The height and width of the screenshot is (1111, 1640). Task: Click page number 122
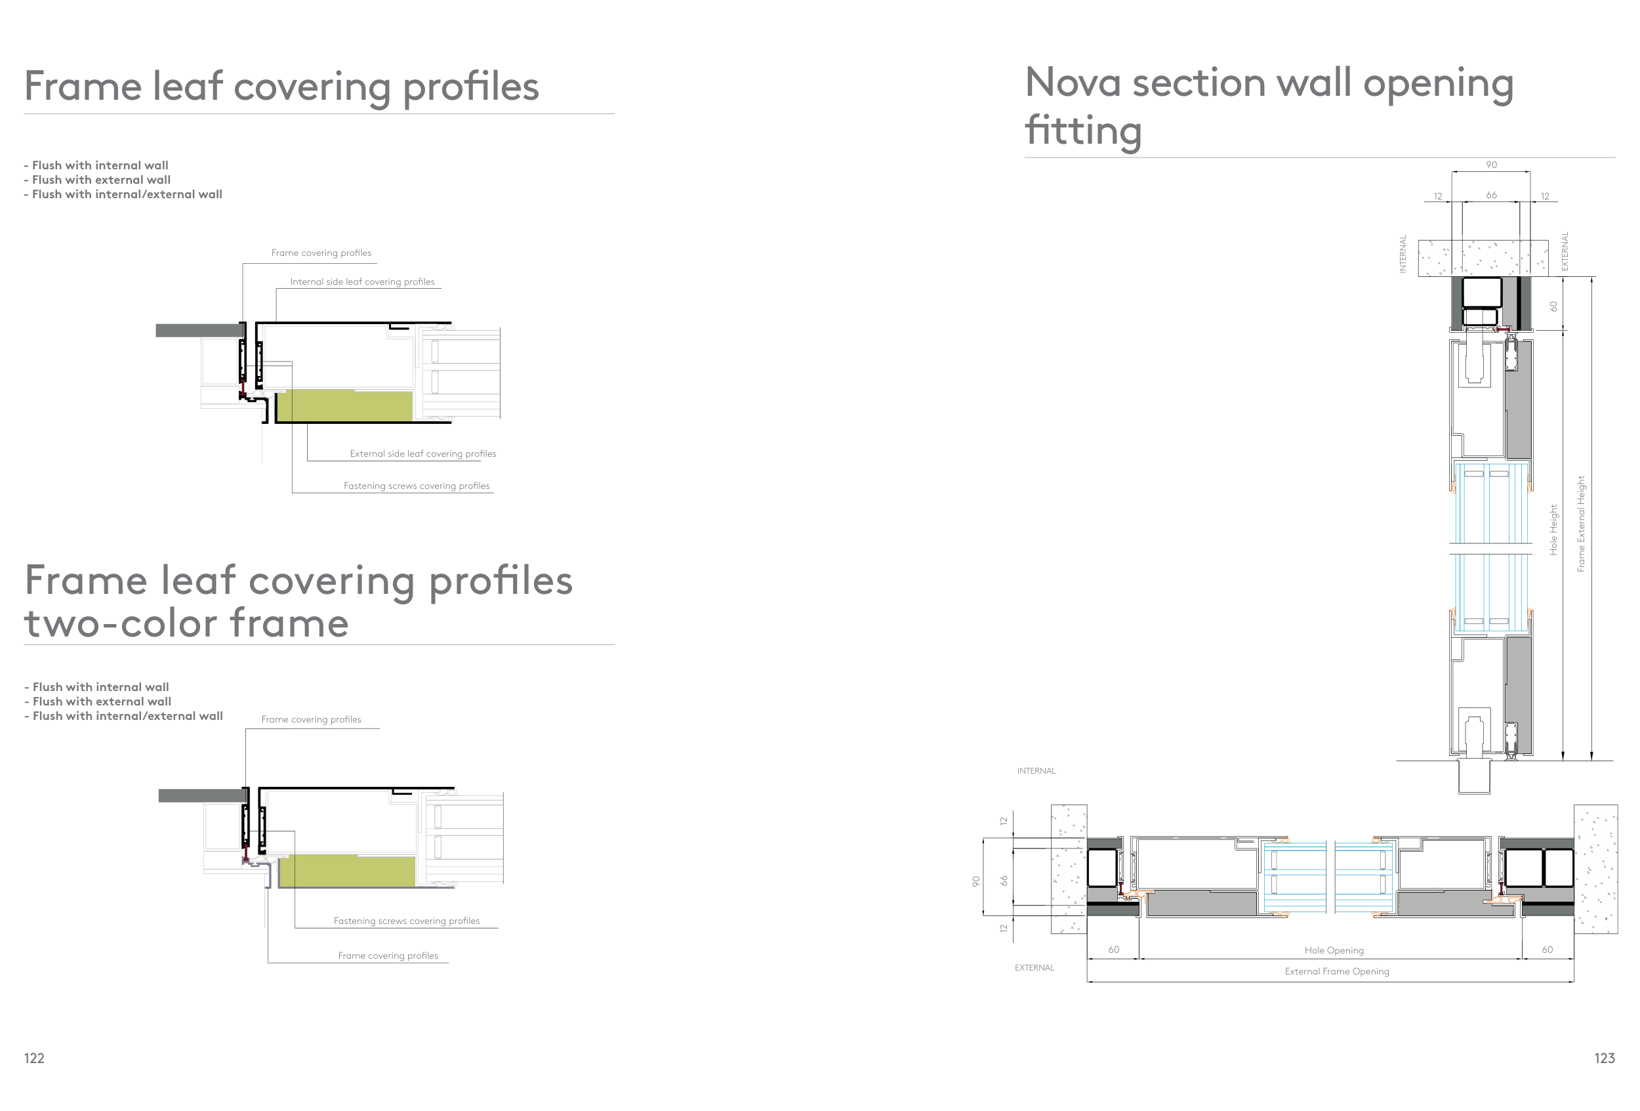[34, 1057]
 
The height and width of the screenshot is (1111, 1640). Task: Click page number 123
[1604, 1057]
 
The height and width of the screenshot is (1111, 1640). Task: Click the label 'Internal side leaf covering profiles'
[362, 282]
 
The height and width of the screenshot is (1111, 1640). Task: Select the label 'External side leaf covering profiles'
[422, 454]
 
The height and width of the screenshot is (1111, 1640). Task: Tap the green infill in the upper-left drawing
[343, 406]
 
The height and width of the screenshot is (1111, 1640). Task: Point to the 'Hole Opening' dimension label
[1334, 950]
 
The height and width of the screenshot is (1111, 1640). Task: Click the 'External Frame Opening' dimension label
[1336, 971]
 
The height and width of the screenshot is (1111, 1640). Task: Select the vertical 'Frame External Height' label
[1581, 524]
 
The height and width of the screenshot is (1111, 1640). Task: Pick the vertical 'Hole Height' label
[1553, 530]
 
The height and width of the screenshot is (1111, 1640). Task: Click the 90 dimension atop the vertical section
[1491, 165]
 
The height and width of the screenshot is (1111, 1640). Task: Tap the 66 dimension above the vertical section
[1491, 195]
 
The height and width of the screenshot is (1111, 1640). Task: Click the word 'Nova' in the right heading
[1073, 83]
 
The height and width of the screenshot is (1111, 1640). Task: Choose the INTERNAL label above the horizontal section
[1036, 771]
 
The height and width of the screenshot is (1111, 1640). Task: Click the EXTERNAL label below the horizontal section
[1034, 968]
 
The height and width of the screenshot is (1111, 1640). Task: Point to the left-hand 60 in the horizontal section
[1114, 950]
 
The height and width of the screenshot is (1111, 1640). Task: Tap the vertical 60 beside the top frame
[1553, 306]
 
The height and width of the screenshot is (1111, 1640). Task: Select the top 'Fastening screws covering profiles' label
[417, 486]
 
